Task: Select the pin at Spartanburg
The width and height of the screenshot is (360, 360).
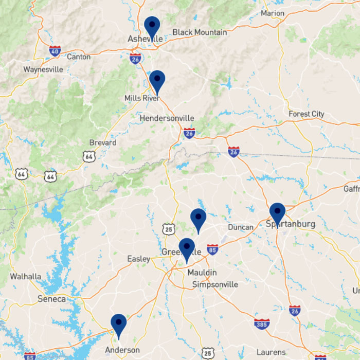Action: (277, 213)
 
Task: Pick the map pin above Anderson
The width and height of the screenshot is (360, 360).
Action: (119, 325)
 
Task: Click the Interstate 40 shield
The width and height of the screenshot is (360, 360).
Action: (56, 50)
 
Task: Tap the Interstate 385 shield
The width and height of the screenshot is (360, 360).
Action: (262, 324)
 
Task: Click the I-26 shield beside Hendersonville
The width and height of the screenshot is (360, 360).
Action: (189, 133)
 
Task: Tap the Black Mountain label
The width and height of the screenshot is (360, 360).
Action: (200, 32)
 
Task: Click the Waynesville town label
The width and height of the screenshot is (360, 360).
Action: (43, 69)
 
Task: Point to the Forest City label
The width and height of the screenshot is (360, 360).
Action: (307, 114)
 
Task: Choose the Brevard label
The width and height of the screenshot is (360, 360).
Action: (103, 142)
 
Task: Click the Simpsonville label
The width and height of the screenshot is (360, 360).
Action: (215, 284)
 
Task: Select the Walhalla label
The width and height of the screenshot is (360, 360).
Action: (25, 277)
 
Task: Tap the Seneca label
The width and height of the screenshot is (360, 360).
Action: (51, 299)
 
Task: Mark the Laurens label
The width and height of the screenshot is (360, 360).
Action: (271, 352)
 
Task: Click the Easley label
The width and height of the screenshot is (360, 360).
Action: (139, 259)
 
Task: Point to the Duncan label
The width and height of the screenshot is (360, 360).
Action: (241, 227)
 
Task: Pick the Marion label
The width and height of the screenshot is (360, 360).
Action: (273, 13)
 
